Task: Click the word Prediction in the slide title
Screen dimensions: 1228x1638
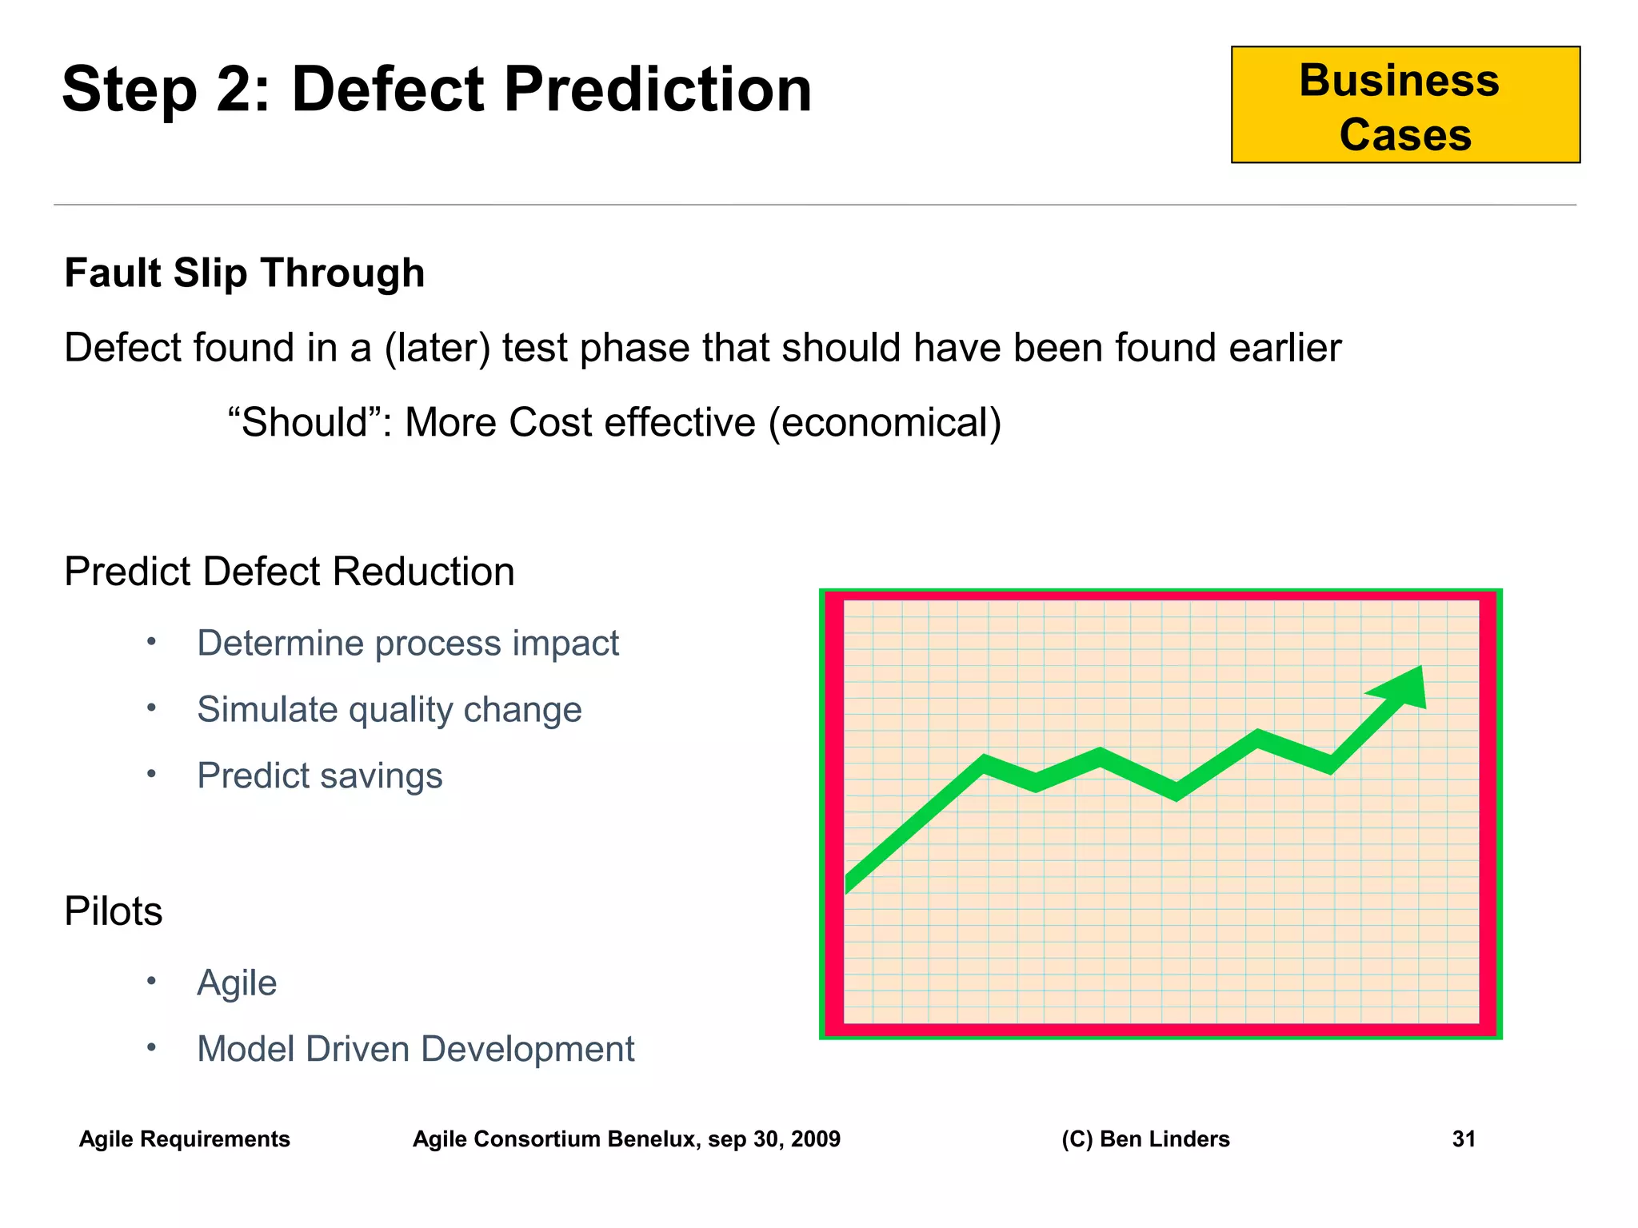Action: coord(657,90)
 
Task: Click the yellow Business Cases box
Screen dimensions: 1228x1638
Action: coord(1404,105)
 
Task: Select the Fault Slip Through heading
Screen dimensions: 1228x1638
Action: coord(244,273)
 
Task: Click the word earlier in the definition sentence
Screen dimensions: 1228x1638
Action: coord(1284,349)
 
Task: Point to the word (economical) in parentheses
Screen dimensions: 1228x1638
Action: coord(885,423)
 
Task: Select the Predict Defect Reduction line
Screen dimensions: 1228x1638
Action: coord(289,572)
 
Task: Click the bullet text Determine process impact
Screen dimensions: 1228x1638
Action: coord(407,644)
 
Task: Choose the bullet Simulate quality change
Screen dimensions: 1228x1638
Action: coord(389,710)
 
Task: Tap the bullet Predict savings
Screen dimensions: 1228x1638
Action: coord(319,776)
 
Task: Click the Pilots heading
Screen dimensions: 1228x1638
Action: coord(113,911)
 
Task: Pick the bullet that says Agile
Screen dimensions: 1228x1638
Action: coord(237,983)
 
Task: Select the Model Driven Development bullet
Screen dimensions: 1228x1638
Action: coord(415,1050)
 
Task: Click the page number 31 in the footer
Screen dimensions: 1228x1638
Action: coord(1463,1139)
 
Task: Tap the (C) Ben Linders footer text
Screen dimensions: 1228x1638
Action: coord(1145,1139)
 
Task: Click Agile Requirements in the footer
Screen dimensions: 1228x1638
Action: coord(184,1139)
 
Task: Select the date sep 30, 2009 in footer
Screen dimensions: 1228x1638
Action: coord(773,1139)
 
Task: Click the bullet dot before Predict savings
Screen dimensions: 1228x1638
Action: coord(151,774)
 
